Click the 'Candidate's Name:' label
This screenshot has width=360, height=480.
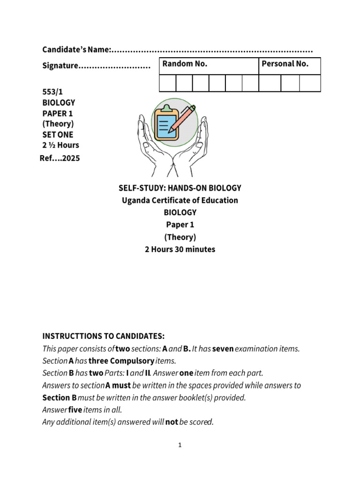pyautogui.click(x=77, y=50)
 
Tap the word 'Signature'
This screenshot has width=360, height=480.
pyautogui.click(x=60, y=66)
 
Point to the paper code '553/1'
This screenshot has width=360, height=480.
pyautogui.click(x=52, y=92)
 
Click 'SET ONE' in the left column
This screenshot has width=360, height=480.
pyautogui.click(x=58, y=135)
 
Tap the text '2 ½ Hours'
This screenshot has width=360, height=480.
pyautogui.click(x=60, y=145)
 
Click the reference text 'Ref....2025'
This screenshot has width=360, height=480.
pyautogui.click(x=60, y=158)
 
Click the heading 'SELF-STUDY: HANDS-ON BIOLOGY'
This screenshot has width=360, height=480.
pyautogui.click(x=180, y=188)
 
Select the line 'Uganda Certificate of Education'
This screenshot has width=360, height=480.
pyautogui.click(x=180, y=201)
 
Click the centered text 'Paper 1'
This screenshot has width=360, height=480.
pyautogui.click(x=180, y=225)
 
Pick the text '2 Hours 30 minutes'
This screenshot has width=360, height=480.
pyautogui.click(x=180, y=249)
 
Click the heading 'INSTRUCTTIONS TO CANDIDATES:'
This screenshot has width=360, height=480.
pyautogui.click(x=104, y=337)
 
